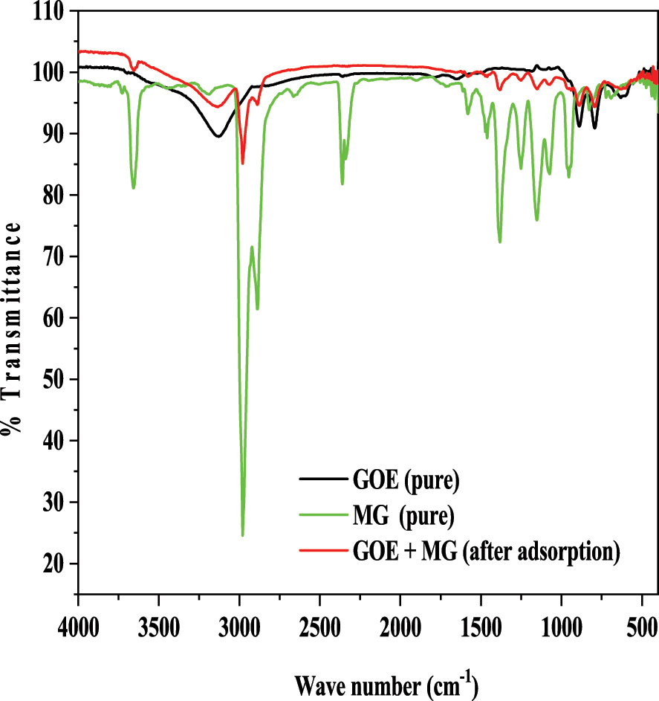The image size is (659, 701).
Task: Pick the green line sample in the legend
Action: [320, 514]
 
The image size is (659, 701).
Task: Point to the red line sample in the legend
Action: [320, 551]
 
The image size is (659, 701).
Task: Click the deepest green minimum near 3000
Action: [242, 534]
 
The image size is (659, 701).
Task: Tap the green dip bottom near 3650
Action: [134, 187]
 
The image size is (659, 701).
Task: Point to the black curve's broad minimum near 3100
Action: [218, 136]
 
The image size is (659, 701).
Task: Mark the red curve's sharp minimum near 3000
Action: [242, 163]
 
